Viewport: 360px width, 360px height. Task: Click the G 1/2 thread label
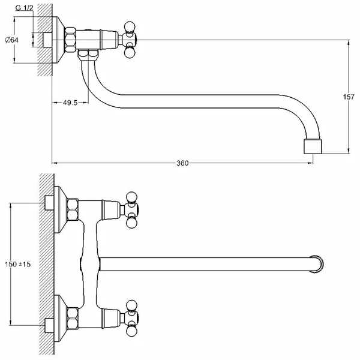24,8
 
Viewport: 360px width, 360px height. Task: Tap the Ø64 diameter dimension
11,40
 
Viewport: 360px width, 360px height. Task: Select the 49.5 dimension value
70,103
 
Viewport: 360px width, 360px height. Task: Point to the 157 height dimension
349,97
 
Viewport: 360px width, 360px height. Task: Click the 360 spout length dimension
182,163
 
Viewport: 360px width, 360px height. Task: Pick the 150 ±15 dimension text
17,264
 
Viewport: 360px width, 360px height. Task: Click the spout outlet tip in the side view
313,146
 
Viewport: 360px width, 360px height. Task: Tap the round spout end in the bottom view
317,264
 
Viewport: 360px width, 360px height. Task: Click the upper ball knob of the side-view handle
130,27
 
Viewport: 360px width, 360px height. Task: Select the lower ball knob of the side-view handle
130,53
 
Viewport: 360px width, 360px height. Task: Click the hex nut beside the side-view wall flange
70,40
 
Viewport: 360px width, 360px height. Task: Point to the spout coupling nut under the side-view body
88,54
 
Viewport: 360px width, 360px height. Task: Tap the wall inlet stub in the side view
47,40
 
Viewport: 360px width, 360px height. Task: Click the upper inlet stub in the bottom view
49,203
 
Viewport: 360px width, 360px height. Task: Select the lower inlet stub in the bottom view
49,325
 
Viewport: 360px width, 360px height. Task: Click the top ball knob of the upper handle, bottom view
132,197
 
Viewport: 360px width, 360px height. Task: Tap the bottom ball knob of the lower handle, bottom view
132,331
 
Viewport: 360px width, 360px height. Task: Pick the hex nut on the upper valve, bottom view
73,209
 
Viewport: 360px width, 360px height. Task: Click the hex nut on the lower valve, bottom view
73,319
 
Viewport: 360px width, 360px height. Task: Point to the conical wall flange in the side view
58,40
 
